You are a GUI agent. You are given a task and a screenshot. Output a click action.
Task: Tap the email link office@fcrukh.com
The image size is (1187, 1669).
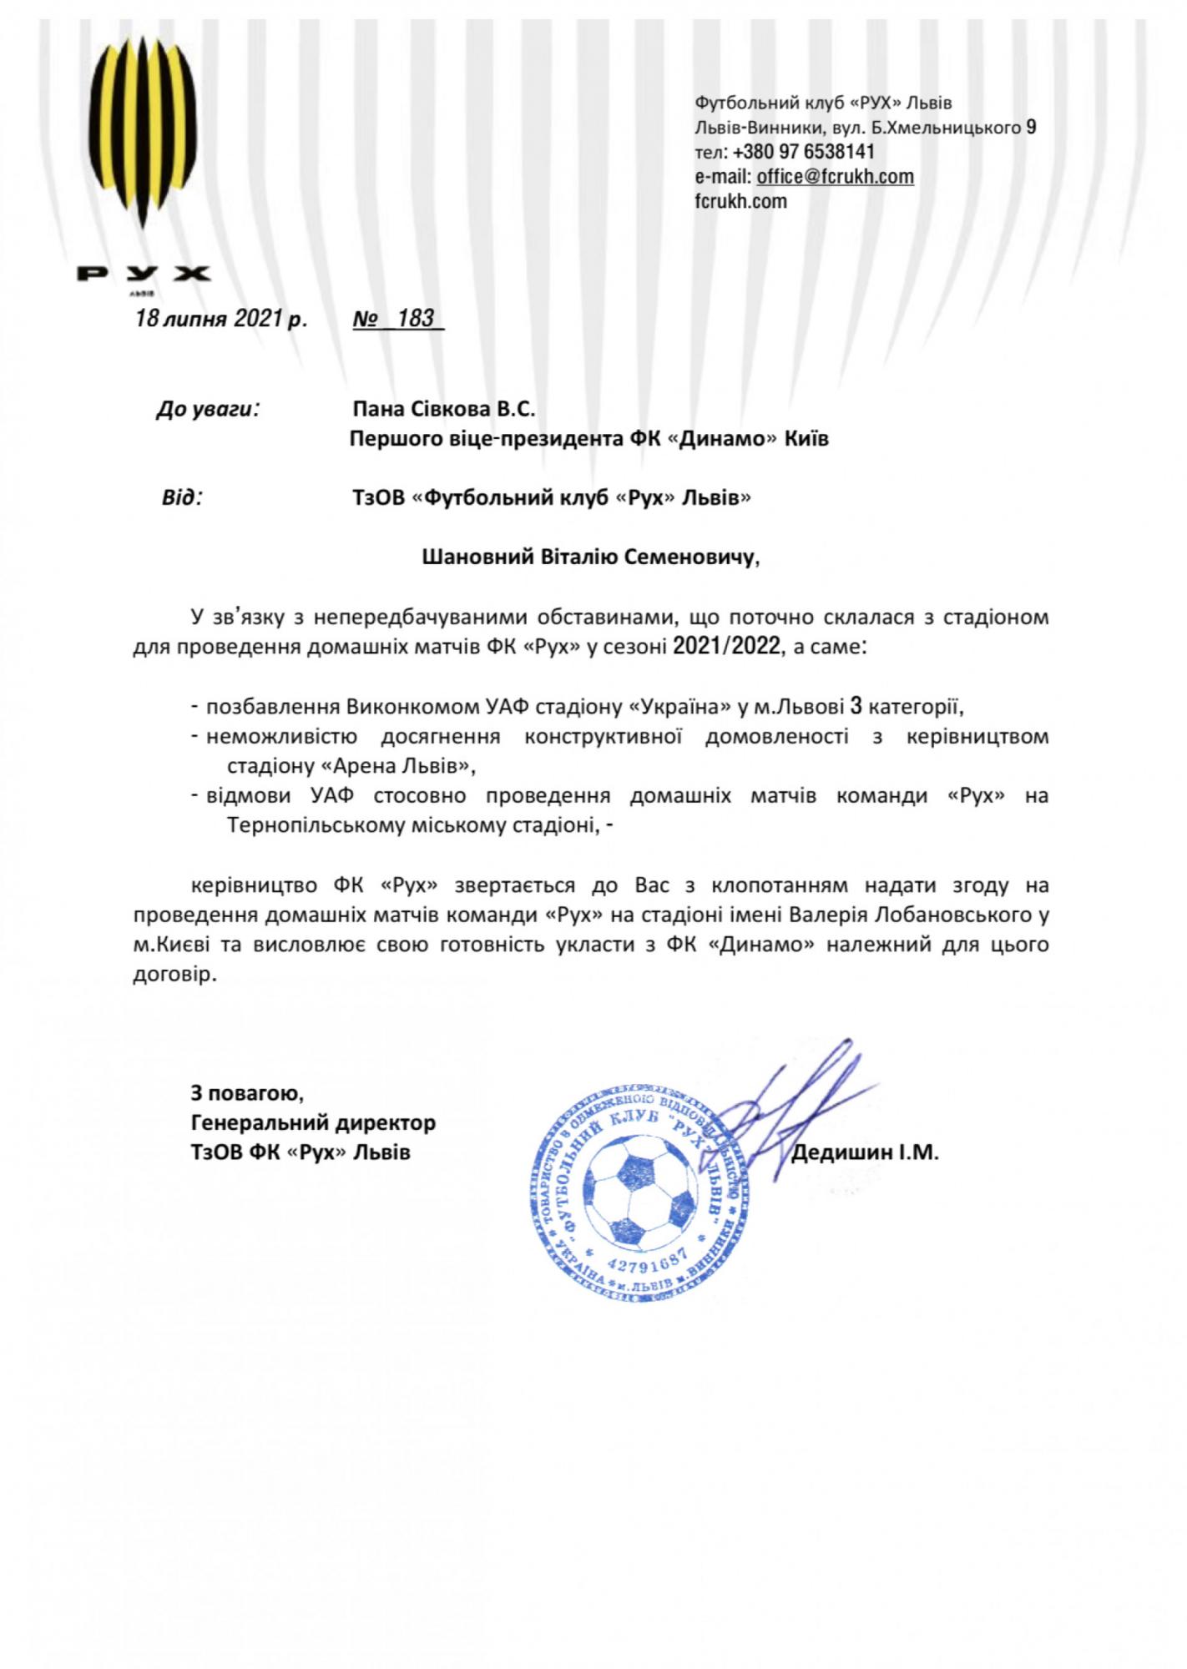835,177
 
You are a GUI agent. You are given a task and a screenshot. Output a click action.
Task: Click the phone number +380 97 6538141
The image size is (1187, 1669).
804,152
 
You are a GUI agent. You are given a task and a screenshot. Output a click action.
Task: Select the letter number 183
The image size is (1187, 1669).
416,318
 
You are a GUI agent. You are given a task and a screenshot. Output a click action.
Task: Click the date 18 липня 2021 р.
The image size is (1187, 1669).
221,319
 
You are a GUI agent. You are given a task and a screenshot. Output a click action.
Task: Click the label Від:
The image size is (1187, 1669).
182,498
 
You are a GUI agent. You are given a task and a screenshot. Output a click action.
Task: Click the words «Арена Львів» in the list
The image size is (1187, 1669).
392,765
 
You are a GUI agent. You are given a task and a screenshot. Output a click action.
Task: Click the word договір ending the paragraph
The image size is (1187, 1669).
173,975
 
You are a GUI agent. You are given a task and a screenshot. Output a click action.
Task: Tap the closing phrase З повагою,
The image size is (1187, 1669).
247,1092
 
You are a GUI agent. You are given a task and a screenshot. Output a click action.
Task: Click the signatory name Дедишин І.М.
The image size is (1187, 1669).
865,1153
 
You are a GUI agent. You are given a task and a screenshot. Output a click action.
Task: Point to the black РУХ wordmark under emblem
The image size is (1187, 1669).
143,274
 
